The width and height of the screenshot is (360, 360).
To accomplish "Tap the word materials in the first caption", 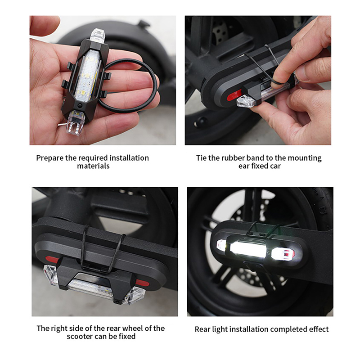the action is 93,166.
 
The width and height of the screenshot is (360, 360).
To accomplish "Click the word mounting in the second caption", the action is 305,158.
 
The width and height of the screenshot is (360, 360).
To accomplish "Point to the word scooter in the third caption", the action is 79,336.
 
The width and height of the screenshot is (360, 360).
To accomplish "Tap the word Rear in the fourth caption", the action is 202,329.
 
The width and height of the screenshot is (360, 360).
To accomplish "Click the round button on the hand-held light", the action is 80,106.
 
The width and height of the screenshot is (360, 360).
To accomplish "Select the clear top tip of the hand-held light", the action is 97,35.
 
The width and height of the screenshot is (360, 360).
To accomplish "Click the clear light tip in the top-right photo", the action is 246,101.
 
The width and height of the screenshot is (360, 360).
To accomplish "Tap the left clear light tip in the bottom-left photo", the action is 50,274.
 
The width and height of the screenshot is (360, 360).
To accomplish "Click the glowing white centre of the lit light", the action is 251,249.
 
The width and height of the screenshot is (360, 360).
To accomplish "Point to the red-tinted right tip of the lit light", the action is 283,254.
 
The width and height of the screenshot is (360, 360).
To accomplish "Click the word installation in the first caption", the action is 129,158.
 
